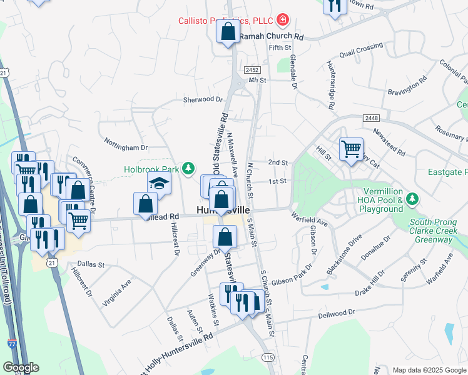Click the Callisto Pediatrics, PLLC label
tap(226, 20)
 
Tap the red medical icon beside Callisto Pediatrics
tap(283, 20)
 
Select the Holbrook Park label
tap(151, 168)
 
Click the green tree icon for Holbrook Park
tap(187, 168)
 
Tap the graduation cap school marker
tap(159, 183)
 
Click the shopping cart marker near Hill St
tap(351, 149)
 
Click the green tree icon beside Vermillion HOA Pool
tap(412, 199)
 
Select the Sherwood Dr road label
tap(203, 99)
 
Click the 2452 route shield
tap(252, 69)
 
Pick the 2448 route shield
tap(370, 117)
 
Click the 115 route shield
tap(268, 357)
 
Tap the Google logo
tap(21, 367)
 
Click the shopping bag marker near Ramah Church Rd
tap(228, 32)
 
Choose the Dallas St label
tap(91, 264)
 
